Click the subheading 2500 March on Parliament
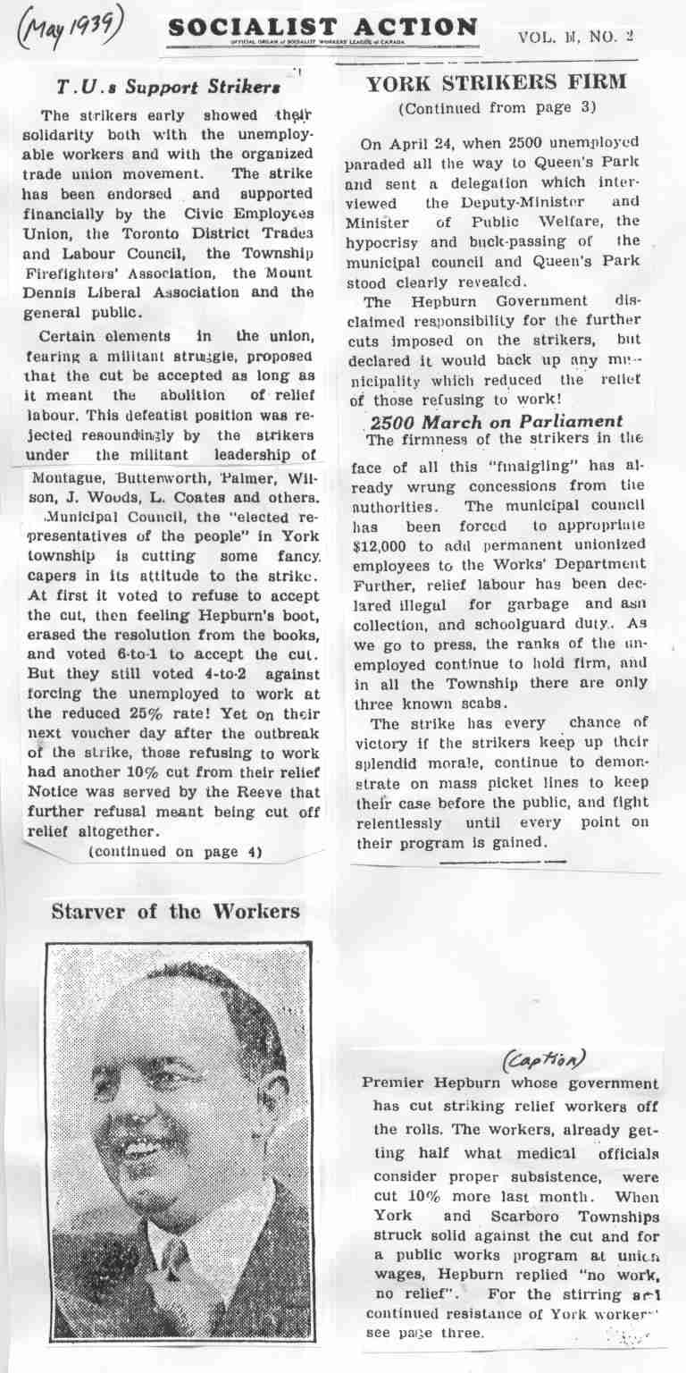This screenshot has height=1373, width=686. tap(496, 421)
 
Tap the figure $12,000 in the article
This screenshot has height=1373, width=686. tap(389, 544)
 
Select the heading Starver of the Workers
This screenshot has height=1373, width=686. tap(175, 912)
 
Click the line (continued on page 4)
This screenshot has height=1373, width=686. tap(175, 852)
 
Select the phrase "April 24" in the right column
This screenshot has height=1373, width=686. tap(415, 143)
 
